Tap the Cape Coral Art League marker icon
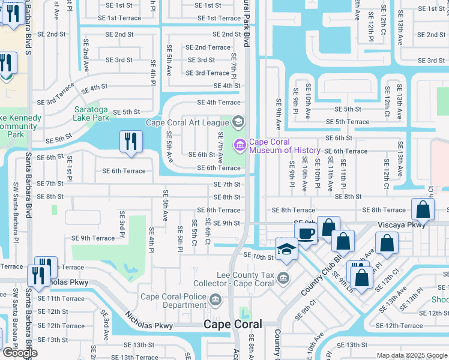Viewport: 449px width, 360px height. (238, 122)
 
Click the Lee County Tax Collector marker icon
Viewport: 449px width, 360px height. (283, 277)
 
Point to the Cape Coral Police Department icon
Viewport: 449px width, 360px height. (215, 299)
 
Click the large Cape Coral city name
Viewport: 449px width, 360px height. (233, 324)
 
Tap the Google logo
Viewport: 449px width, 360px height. (20, 353)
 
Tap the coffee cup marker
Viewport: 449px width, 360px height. (306, 233)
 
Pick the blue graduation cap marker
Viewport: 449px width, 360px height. (287, 249)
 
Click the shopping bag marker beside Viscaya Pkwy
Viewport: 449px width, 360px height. (423, 209)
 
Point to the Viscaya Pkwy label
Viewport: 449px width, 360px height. (402, 224)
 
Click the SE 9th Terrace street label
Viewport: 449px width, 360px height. (92, 238)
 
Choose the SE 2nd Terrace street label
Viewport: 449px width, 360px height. (208, 47)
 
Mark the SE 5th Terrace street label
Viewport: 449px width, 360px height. (348, 122)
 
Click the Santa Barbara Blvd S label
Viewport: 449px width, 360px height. (28, 96)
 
